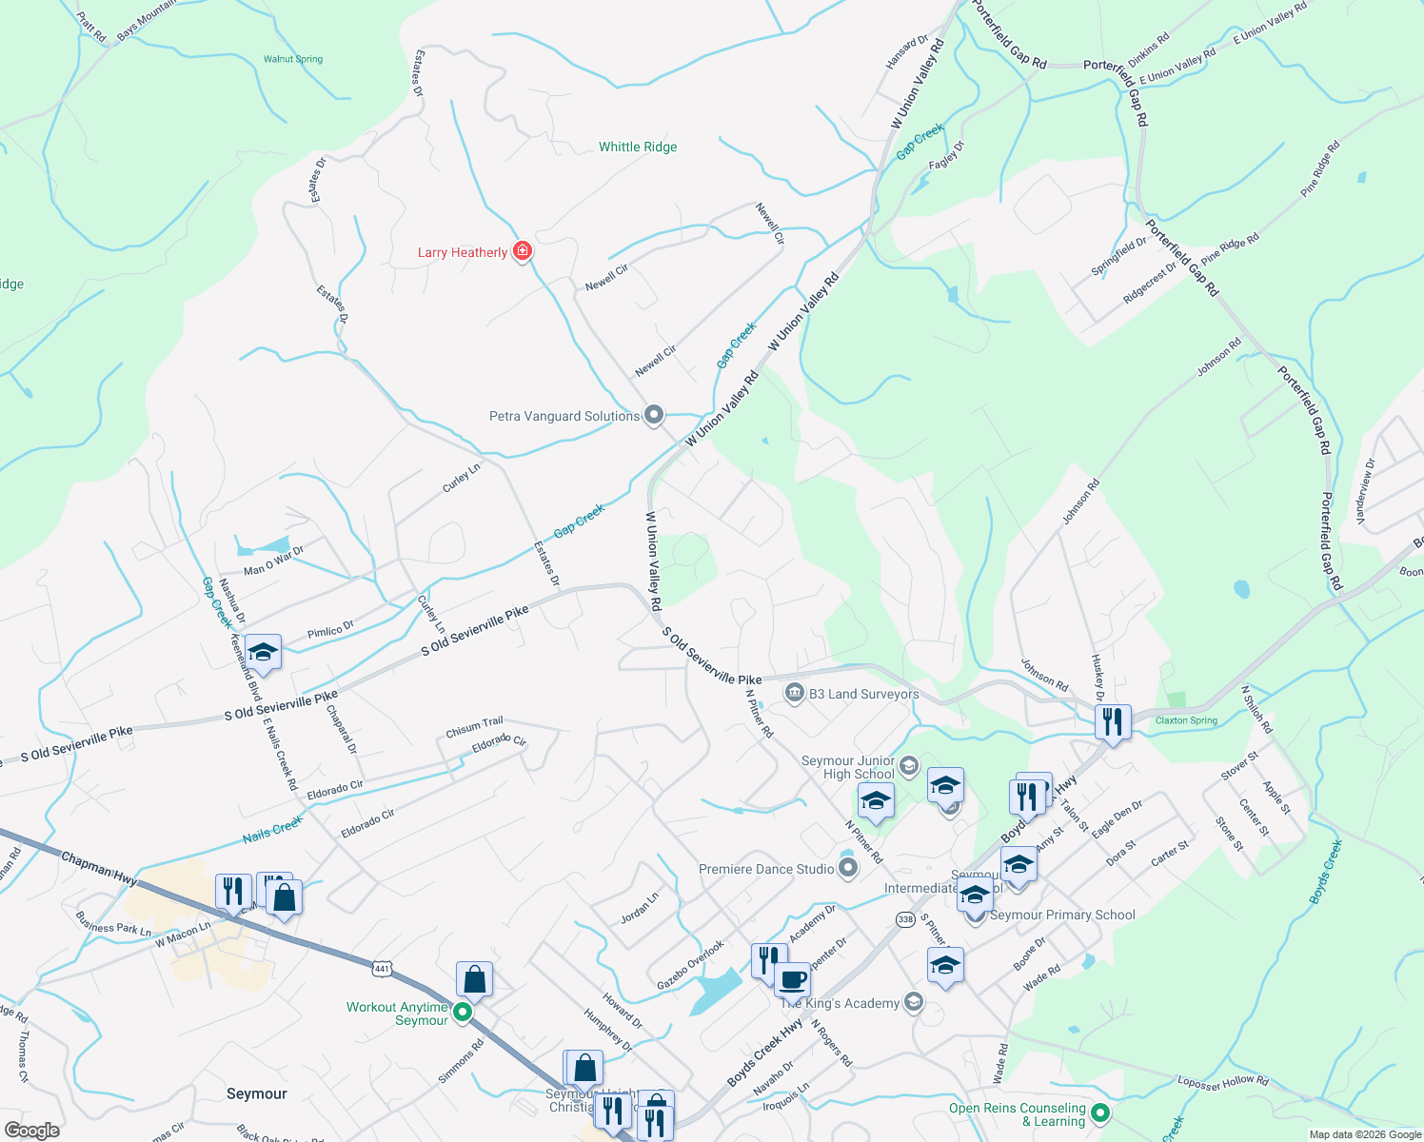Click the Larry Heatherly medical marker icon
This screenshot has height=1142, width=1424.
[x=522, y=251]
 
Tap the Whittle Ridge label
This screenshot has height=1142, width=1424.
[x=638, y=147]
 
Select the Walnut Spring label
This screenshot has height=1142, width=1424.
[x=293, y=59]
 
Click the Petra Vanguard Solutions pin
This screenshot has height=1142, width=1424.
[x=654, y=415]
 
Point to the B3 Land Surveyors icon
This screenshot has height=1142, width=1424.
[x=794, y=693]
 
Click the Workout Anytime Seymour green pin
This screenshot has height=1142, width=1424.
[x=463, y=1013]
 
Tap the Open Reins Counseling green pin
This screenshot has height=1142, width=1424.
[x=1100, y=1112]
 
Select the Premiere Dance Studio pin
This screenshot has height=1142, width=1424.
[x=848, y=868]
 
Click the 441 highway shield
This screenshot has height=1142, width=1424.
[x=382, y=968]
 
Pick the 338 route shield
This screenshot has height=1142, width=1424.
[x=905, y=918]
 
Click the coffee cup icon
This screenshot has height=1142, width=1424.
[x=791, y=979]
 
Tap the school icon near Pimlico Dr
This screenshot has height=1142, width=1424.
[x=263, y=652]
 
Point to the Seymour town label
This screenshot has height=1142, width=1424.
[x=257, y=1093]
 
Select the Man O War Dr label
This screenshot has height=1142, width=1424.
[x=273, y=561]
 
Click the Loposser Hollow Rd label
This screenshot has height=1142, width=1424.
[x=1223, y=1081]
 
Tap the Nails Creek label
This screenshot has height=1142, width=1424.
[x=272, y=830]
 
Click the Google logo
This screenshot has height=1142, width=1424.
[x=31, y=1130]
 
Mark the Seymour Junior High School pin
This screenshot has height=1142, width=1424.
[x=909, y=765]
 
